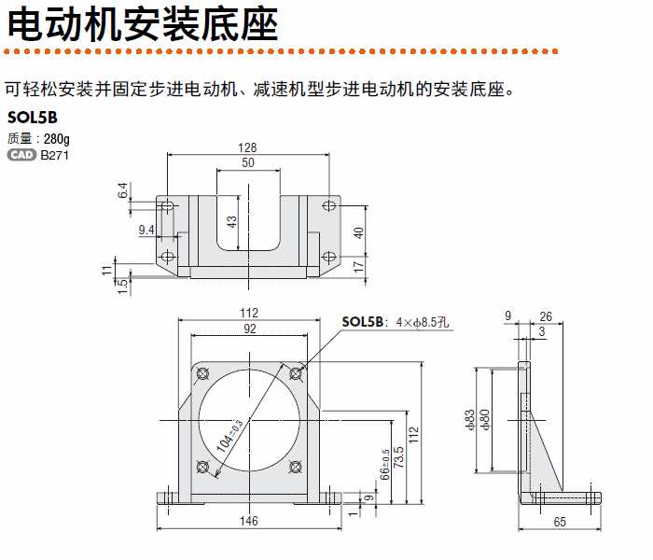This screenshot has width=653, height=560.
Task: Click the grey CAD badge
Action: coord(21,155)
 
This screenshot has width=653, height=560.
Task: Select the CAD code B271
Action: coord(54,155)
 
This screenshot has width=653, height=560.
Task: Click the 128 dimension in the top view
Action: coord(247,147)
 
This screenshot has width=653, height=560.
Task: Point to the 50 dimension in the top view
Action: coord(247,163)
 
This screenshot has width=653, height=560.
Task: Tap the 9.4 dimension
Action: coord(146,229)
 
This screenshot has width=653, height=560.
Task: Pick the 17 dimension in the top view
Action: coord(359,266)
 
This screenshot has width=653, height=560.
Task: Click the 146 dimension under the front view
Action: coord(248,522)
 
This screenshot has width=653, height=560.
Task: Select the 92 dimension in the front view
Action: coord(248,329)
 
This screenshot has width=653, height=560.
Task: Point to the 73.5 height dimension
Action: coord(400,459)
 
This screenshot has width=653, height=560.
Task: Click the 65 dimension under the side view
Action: coord(560,522)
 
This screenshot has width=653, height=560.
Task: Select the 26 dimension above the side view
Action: coord(546,316)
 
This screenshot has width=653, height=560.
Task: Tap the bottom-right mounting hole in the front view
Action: coord(296,467)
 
